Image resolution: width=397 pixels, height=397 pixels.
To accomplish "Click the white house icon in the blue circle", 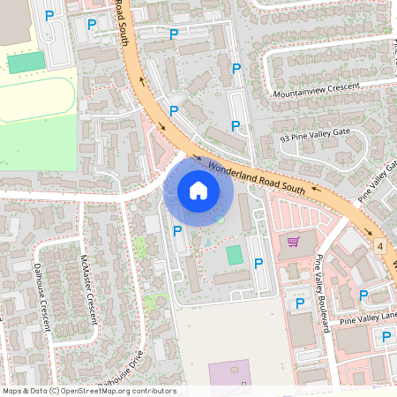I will click(x=198, y=191).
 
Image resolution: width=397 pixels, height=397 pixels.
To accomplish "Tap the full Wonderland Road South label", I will click(x=258, y=176).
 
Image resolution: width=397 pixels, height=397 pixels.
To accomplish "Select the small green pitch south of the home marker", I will click(x=234, y=255).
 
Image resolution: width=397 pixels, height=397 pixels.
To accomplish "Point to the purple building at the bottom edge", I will click(x=228, y=377).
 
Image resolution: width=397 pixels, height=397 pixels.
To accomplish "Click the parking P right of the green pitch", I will click(x=258, y=263).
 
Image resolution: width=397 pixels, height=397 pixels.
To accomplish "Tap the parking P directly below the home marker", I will click(x=178, y=230).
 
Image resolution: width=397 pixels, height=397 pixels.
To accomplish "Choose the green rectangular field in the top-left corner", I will click(x=26, y=63).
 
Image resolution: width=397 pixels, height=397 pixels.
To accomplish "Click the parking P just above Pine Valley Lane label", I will click(x=363, y=295).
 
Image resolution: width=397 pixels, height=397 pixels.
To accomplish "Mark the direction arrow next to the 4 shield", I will click(x=391, y=262).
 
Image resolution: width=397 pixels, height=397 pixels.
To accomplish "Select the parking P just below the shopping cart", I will click(x=299, y=303).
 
